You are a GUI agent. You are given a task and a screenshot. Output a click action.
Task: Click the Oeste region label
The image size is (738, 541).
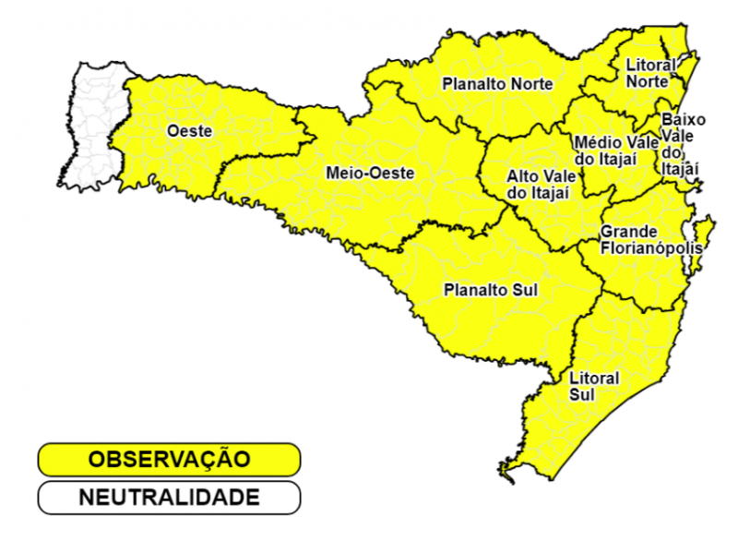189,131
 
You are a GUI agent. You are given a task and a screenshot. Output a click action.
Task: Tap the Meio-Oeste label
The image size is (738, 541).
370,173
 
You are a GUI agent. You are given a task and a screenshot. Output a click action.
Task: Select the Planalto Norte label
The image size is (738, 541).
497,84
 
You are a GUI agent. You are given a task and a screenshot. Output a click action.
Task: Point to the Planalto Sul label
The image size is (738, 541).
491,290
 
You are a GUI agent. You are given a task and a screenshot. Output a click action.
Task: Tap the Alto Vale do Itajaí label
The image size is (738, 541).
539,184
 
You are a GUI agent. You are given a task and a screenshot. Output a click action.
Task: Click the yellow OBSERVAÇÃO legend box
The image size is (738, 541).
169,459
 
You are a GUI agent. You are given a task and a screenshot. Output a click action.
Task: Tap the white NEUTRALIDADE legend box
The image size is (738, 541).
169,497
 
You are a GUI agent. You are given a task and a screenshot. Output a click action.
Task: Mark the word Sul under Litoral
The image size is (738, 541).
582,395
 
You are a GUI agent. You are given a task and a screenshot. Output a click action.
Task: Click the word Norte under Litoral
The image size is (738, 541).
647,81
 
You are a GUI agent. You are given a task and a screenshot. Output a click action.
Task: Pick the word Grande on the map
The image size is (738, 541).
628,231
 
